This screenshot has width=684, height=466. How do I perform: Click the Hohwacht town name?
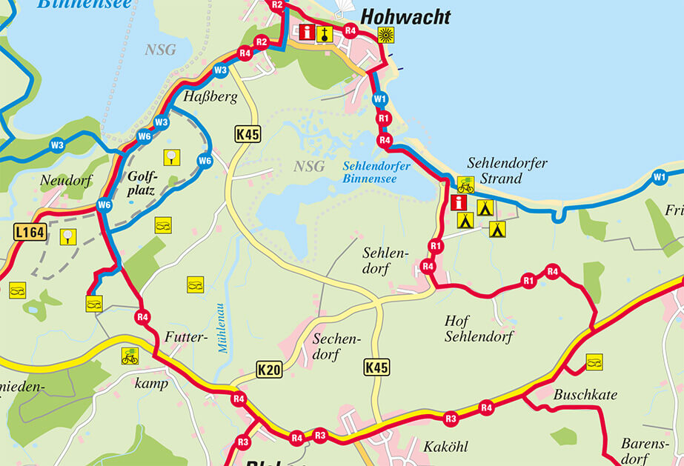405,18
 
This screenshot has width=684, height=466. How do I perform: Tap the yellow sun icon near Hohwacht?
385,34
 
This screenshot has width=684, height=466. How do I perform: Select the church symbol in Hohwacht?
324,33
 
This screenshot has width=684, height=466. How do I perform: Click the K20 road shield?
269,370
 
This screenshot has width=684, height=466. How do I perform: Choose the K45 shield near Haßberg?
248,134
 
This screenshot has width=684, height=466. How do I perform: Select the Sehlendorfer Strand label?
496,170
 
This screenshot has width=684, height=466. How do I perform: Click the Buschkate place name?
585,395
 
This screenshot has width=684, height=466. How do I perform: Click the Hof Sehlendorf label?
473,329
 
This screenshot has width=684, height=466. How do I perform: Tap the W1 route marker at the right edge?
659,176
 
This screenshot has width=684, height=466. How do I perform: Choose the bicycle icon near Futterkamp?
130,356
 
